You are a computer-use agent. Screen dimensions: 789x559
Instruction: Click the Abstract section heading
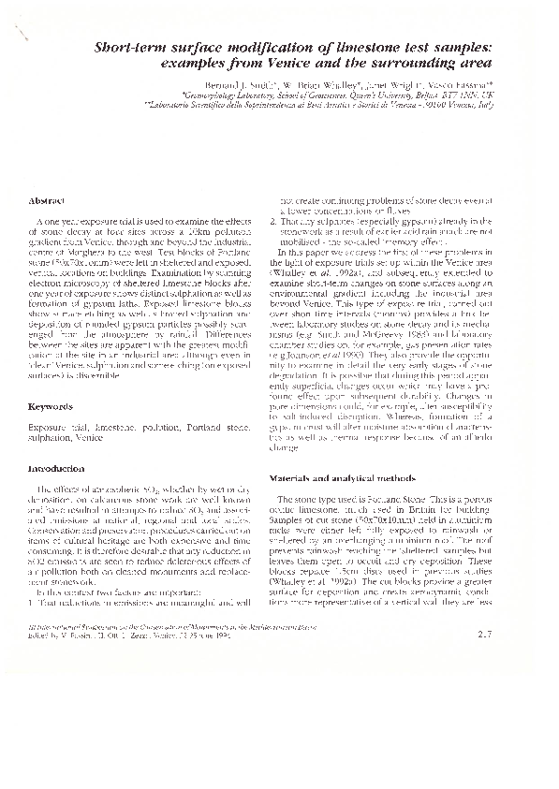pyautogui.click(x=46, y=201)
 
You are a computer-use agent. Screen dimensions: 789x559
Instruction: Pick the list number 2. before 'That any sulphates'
pyautogui.click(x=272, y=221)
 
